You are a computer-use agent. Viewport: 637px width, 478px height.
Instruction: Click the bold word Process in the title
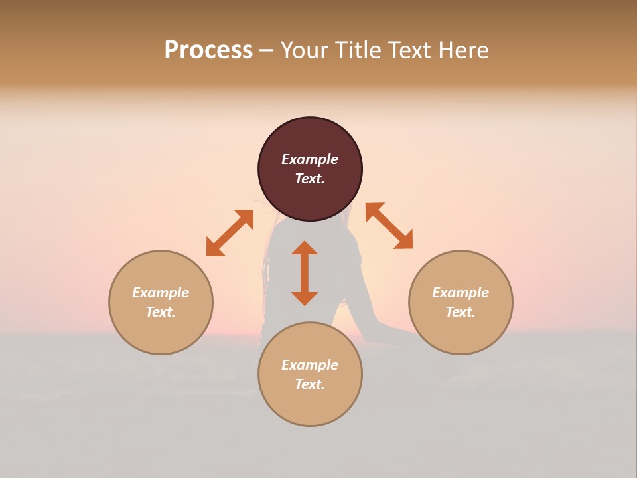tap(208, 50)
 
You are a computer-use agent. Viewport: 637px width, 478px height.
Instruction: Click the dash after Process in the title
tap(266, 51)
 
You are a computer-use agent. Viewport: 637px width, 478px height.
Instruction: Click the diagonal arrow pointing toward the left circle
tap(230, 233)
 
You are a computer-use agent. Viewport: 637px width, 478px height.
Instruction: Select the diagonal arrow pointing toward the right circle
tap(389, 226)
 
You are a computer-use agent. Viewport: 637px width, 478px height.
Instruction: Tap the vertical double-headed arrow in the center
tap(305, 273)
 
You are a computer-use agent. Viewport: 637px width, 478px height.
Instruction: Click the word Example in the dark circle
tap(310, 159)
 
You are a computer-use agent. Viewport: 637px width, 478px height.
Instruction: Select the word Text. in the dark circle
tap(310, 179)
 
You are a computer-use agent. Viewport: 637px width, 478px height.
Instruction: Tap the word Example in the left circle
tap(161, 293)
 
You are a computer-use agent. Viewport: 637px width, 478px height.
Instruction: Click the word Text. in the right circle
tap(460, 312)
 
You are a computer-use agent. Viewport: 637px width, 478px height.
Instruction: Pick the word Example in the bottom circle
tap(310, 365)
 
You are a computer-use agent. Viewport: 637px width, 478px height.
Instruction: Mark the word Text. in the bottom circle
tap(310, 384)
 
